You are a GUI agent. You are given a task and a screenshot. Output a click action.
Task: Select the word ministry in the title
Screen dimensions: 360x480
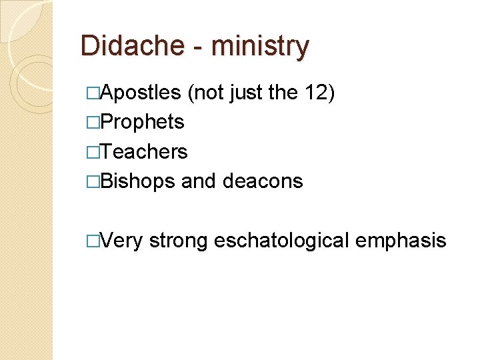(x=259, y=47)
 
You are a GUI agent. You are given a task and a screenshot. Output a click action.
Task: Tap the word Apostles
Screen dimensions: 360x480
(x=141, y=92)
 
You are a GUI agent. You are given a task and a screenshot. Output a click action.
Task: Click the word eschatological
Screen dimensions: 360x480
(x=281, y=241)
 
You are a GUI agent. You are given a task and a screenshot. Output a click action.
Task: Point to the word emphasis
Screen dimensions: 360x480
(x=401, y=241)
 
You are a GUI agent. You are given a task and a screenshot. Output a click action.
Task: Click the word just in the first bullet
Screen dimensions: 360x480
(x=246, y=92)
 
